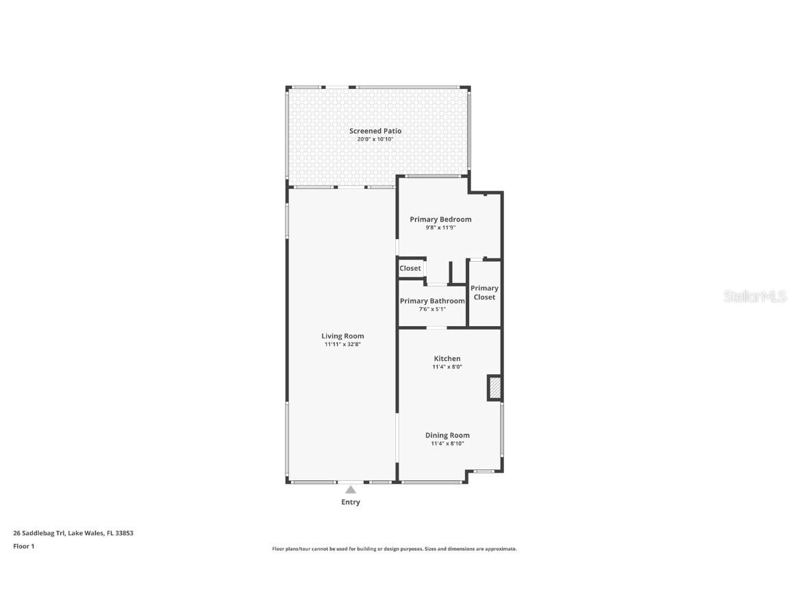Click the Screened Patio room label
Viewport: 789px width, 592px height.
(375, 131)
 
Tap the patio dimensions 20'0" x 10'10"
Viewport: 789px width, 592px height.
(375, 139)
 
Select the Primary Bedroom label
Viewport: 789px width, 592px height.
(440, 219)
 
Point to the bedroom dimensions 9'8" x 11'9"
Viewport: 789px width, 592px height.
(440, 227)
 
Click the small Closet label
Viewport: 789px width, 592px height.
(410, 269)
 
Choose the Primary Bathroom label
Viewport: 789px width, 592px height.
(432, 301)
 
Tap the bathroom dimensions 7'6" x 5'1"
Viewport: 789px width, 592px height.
(432, 309)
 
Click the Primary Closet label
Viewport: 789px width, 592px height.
(484, 293)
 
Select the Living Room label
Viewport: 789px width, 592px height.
(342, 336)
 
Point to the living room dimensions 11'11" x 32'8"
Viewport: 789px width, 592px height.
(342, 345)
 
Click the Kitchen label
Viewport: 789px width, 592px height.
(447, 359)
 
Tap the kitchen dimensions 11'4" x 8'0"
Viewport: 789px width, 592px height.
(447, 367)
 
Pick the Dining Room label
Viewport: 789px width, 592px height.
(447, 436)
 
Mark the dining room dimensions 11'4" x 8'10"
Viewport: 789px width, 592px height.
(447, 443)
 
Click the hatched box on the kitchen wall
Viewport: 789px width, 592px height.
(495, 388)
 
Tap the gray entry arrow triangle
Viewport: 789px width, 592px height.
(351, 489)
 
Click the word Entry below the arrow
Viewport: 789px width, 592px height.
(351, 502)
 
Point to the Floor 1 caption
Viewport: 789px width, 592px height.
(24, 546)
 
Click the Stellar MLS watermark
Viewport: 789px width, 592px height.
(755, 297)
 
